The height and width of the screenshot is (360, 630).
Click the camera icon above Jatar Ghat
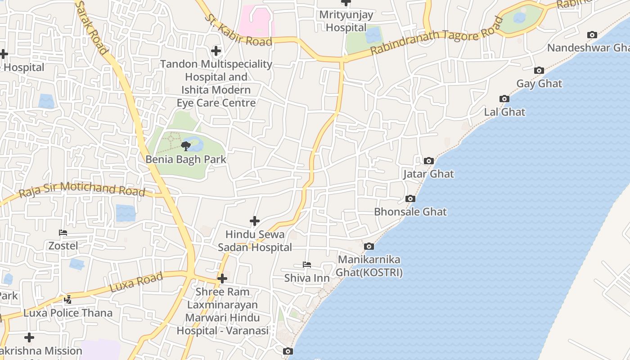pyautogui.click(x=428, y=161)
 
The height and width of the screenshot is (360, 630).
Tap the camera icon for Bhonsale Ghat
pyautogui.click(x=410, y=199)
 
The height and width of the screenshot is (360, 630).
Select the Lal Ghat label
pyautogui.click(x=504, y=112)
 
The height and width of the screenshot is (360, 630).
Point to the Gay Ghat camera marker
pyautogui.click(x=539, y=71)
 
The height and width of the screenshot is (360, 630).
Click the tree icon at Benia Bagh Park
pyautogui.click(x=185, y=146)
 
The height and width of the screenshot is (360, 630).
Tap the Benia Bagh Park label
pyautogui.click(x=186, y=159)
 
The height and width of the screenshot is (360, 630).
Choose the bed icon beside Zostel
pyautogui.click(x=63, y=233)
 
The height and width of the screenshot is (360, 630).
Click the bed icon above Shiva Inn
pyautogui.click(x=307, y=265)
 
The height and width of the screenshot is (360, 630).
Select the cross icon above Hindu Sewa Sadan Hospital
pyautogui.click(x=255, y=221)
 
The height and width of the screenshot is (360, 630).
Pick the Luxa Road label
pyautogui.click(x=136, y=282)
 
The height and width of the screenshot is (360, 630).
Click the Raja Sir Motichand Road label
pyautogui.click(x=82, y=189)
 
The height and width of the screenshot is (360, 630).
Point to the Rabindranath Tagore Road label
pyautogui.click(x=436, y=36)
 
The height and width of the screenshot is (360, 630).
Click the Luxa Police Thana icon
pyautogui.click(x=68, y=299)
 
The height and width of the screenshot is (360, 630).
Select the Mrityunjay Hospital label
pyautogui.click(x=346, y=21)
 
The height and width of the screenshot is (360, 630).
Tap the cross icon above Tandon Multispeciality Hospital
pyautogui.click(x=216, y=51)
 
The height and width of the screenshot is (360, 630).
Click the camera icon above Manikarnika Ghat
pyautogui.click(x=369, y=247)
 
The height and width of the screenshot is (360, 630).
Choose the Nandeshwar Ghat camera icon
pyautogui.click(x=592, y=35)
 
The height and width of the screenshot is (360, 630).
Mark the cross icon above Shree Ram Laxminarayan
pyautogui.click(x=222, y=279)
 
